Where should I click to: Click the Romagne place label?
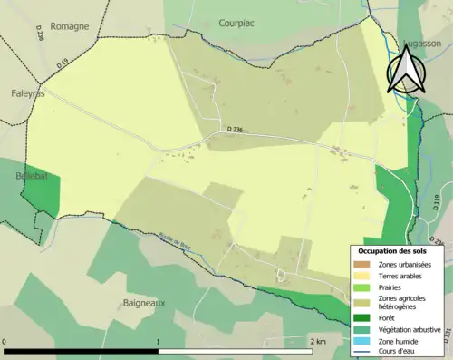pos(69,26)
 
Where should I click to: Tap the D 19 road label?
pos(63,64)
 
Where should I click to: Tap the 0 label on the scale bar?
pos(6,342)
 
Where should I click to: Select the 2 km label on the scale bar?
pos(317,342)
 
